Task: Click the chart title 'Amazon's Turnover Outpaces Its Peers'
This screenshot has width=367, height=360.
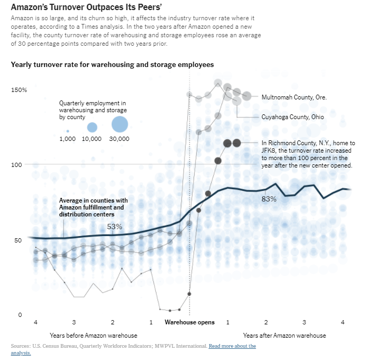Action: point(86,7)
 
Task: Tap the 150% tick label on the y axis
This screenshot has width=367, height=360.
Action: point(19,90)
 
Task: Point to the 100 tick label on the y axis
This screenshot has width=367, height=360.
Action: point(16,165)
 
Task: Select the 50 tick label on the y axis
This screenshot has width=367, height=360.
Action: point(18,240)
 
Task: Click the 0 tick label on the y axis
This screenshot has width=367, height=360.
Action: point(20,315)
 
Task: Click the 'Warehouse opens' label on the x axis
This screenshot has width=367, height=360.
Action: point(189,322)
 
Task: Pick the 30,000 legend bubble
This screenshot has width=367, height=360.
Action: point(120,124)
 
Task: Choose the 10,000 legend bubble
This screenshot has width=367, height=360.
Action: point(92,128)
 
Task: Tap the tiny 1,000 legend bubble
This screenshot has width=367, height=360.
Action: point(68,131)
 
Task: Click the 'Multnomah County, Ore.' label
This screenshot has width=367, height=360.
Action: point(294,97)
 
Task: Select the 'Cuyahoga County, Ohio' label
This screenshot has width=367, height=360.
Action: point(293,117)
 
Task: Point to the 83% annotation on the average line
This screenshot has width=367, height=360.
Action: point(269,199)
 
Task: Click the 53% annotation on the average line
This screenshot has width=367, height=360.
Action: point(115,227)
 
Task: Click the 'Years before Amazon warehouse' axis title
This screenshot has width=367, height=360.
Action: point(94,336)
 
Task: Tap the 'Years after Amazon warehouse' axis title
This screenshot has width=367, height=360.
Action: point(285,336)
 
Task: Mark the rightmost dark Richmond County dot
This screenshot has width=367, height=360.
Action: point(237,143)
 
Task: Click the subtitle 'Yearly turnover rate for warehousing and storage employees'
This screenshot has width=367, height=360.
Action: point(112,64)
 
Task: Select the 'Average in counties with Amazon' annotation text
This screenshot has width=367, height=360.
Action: point(94,207)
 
